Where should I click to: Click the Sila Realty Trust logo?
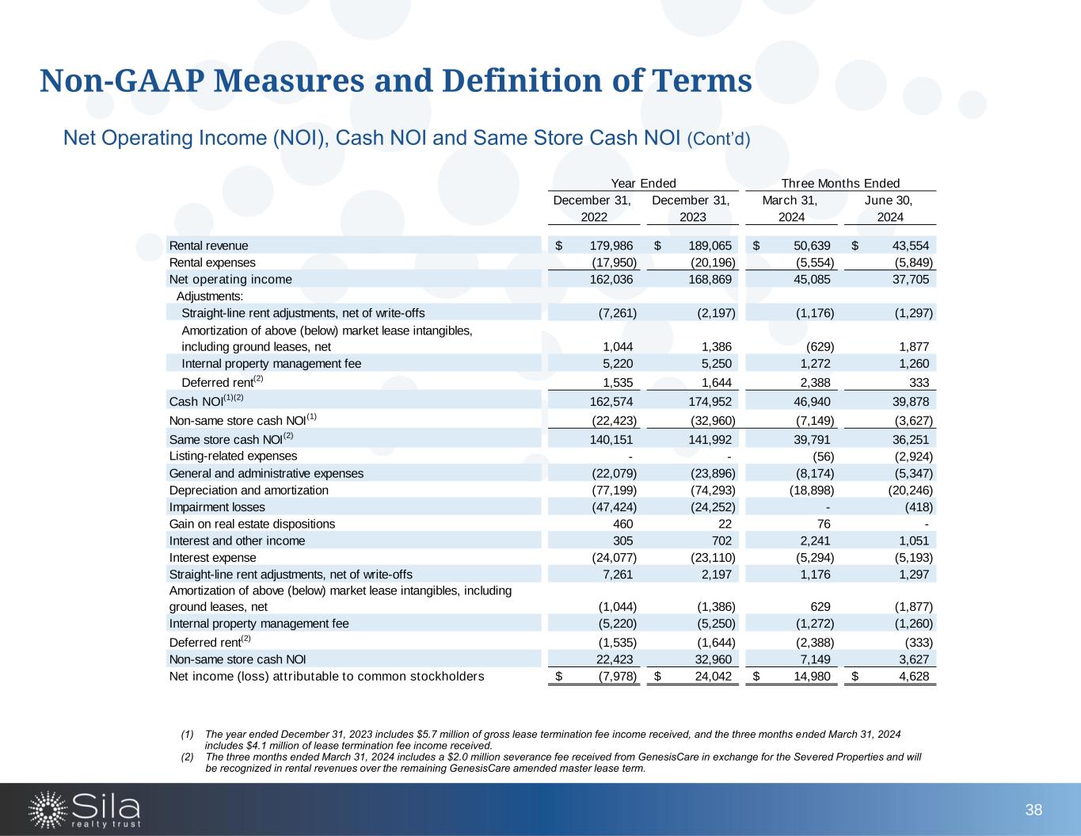[x=85, y=809]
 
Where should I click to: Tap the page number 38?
[x=1033, y=810]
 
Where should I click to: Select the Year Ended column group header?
[x=644, y=183]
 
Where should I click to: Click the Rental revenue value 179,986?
[x=606, y=246]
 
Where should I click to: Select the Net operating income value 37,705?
[x=907, y=279]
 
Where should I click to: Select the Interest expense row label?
[x=212, y=557]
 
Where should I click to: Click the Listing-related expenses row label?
[x=233, y=456]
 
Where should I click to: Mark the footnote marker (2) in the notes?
[x=187, y=757]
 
